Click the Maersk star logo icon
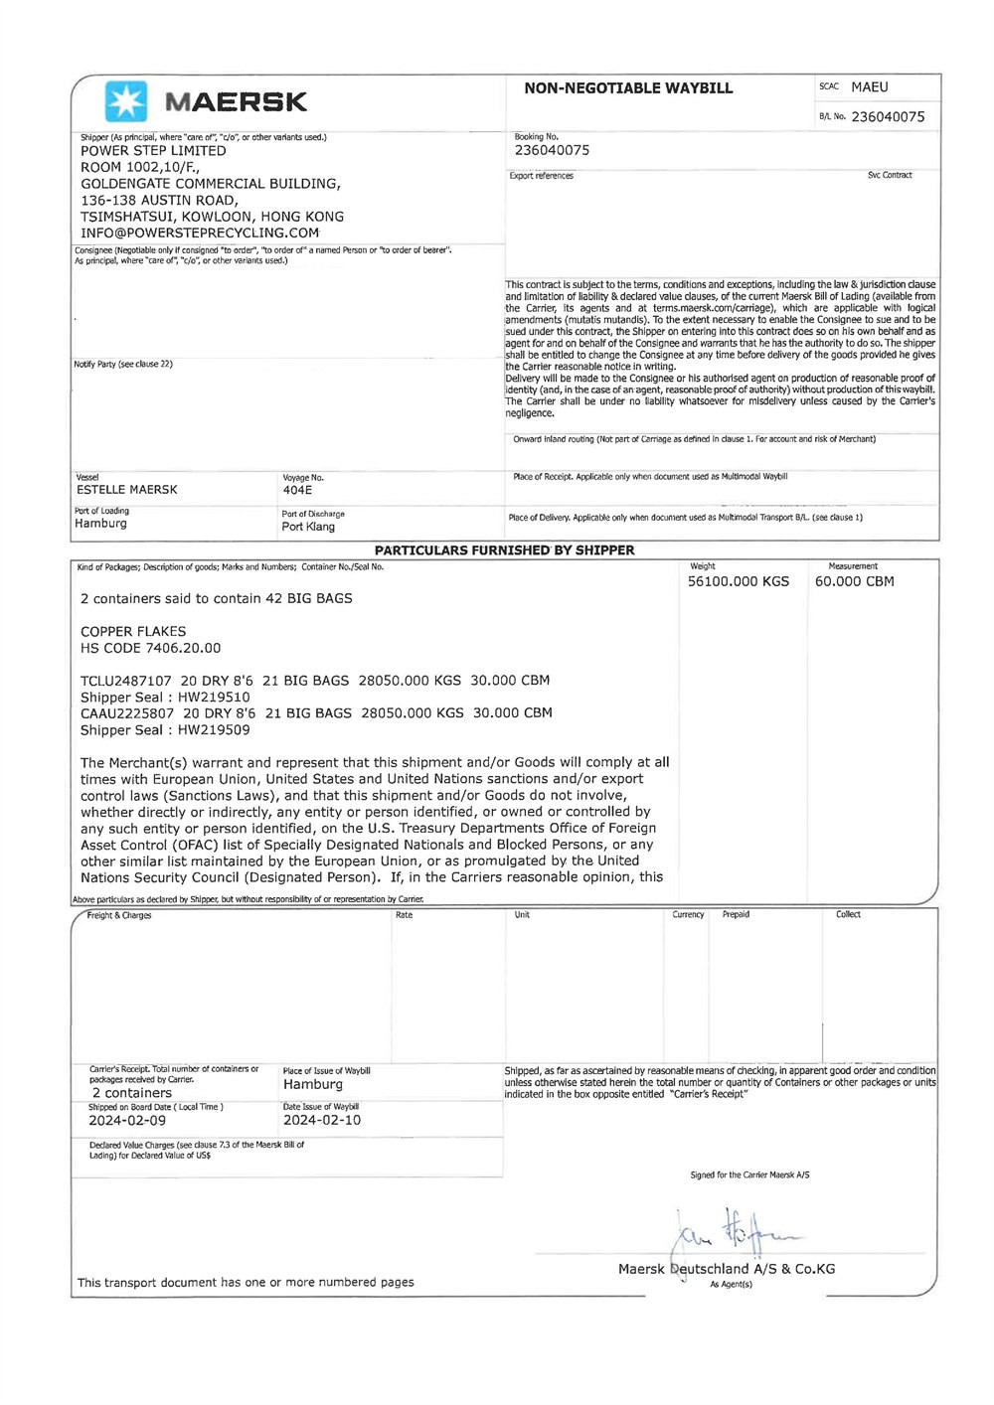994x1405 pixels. (126, 101)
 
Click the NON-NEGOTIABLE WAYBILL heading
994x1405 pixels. (628, 88)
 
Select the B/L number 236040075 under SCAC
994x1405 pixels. (888, 117)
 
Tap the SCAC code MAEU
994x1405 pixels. (870, 87)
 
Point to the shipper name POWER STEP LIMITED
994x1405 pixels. (153, 151)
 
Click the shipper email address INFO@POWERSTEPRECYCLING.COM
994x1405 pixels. (200, 234)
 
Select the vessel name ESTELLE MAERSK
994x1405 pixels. (127, 490)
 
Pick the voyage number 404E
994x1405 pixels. (297, 491)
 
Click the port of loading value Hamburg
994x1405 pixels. (100, 524)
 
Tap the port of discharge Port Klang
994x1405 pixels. (308, 527)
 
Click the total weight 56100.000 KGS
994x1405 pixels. (739, 582)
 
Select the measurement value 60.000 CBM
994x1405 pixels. (854, 582)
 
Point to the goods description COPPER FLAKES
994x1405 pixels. (133, 632)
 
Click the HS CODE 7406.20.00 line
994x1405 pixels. (151, 648)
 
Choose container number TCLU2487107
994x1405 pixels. (126, 681)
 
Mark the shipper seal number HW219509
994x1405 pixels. (214, 730)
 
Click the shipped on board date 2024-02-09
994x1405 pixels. (127, 1121)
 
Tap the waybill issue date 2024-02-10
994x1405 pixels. (322, 1121)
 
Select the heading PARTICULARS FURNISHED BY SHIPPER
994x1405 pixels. (504, 550)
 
